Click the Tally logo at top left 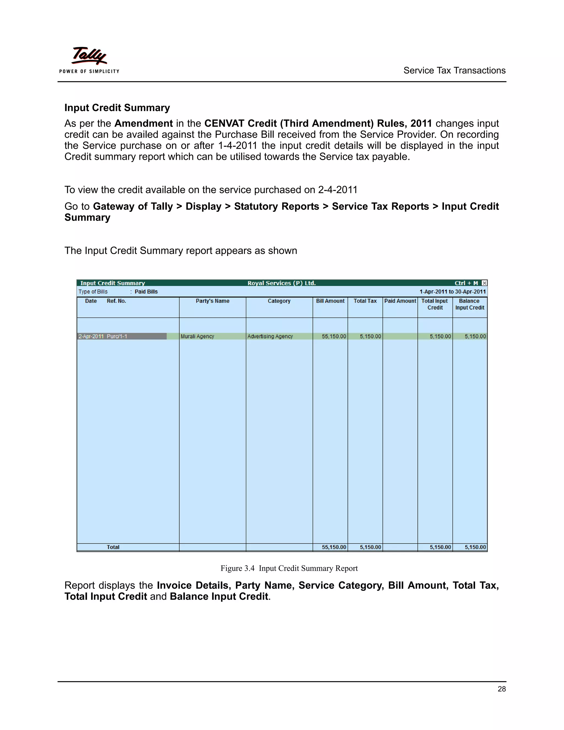point(89,56)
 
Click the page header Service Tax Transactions point(454,71)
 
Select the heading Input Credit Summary point(117,108)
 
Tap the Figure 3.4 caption point(289,569)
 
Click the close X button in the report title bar point(484,283)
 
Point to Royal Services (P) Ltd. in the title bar point(281,283)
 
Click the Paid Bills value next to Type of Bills point(146,292)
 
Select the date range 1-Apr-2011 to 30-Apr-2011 point(452,292)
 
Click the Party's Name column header point(213,301)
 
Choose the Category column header point(279,301)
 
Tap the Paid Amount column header point(400,301)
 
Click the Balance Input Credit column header point(470,304)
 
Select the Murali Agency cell point(197,337)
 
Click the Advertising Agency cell point(270,337)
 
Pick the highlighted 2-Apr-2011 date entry point(91,337)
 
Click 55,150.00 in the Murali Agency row point(333,337)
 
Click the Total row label point(113,547)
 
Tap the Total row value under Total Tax point(370,547)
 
